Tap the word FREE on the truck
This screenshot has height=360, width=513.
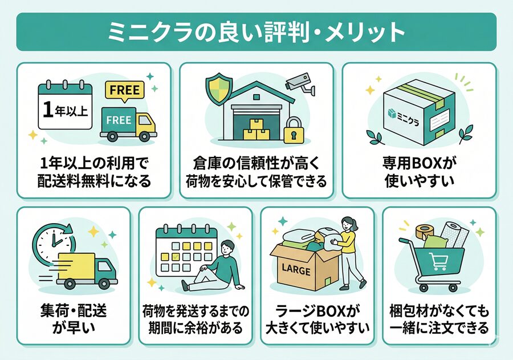click(x=119, y=120)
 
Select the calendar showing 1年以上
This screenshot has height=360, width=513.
click(x=65, y=105)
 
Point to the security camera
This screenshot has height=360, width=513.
click(x=300, y=83)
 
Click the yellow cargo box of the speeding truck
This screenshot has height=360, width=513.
click(x=76, y=266)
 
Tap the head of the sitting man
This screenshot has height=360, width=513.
click(x=227, y=248)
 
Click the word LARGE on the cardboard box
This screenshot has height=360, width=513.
click(x=296, y=270)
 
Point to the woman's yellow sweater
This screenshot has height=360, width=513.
click(x=346, y=241)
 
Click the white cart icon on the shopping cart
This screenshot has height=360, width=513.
click(x=438, y=261)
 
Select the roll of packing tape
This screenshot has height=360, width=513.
click(x=425, y=232)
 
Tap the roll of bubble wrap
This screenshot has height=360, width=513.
click(x=455, y=234)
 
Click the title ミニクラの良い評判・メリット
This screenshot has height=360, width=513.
click(x=256, y=32)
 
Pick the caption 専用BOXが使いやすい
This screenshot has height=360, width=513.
click(x=420, y=172)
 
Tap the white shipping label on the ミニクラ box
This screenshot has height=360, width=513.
click(x=439, y=120)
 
